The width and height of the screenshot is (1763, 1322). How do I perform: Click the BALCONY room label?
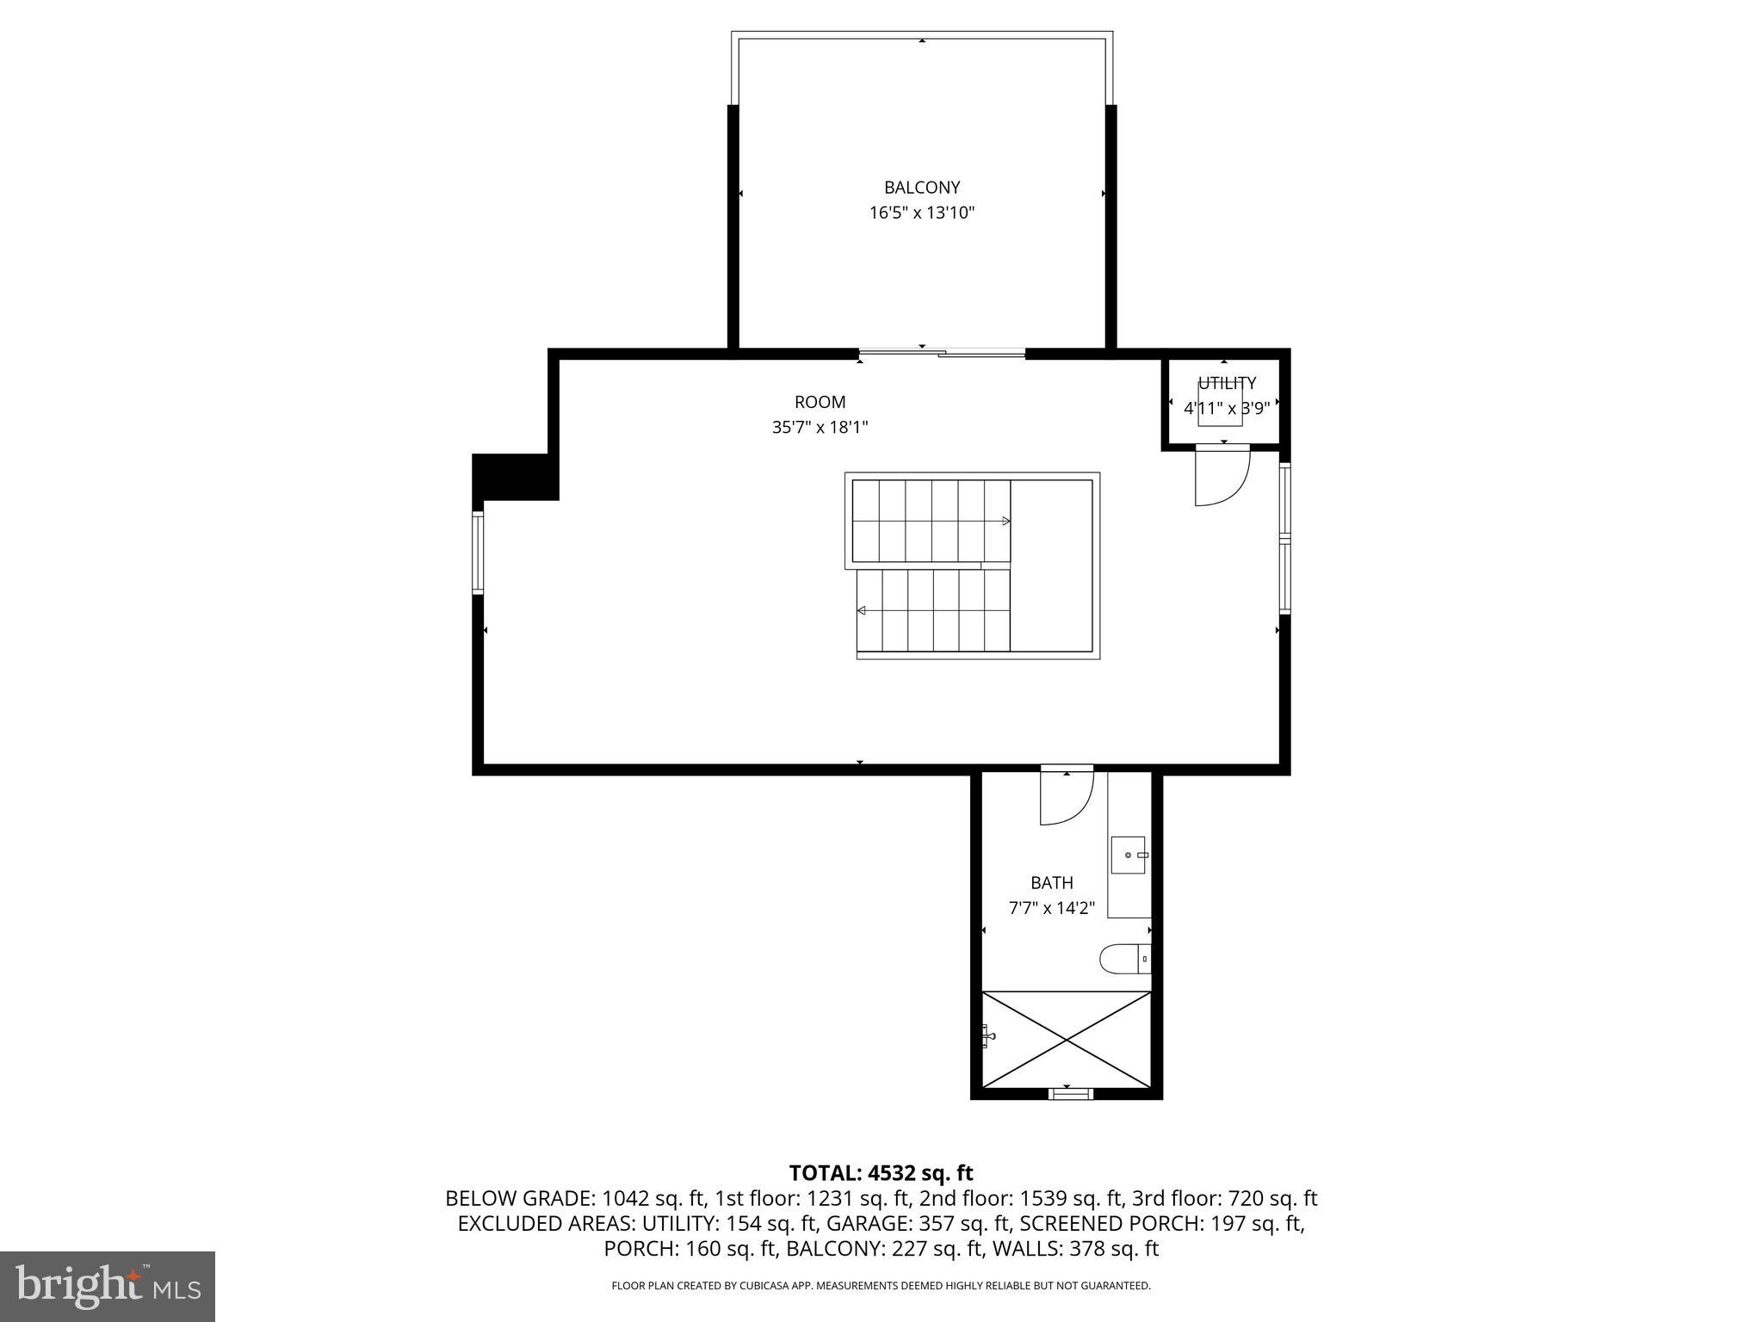pos(921,188)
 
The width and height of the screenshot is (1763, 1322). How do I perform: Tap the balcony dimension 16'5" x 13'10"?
pos(921,213)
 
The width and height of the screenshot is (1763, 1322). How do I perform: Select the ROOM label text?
pos(820,402)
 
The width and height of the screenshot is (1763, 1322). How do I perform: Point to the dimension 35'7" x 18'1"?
pos(820,427)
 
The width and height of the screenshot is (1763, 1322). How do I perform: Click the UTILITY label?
pos(1227,383)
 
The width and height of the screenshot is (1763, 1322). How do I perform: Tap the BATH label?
pos(1051,883)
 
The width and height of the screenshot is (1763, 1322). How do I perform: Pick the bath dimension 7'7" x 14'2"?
pos(1051,908)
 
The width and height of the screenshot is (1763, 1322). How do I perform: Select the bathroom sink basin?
pos(1128,855)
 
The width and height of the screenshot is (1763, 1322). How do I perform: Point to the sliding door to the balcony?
pos(942,353)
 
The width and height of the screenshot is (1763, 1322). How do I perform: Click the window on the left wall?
pos(478,553)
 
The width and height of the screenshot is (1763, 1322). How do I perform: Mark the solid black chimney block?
pos(514,476)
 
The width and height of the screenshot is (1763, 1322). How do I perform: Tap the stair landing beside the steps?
pos(1051,565)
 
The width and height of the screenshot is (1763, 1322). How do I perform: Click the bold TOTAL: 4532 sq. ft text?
pos(881,1173)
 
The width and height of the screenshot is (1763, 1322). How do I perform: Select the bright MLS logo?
pos(108,1286)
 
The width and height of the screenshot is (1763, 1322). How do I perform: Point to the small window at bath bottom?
pos(1070,1094)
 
